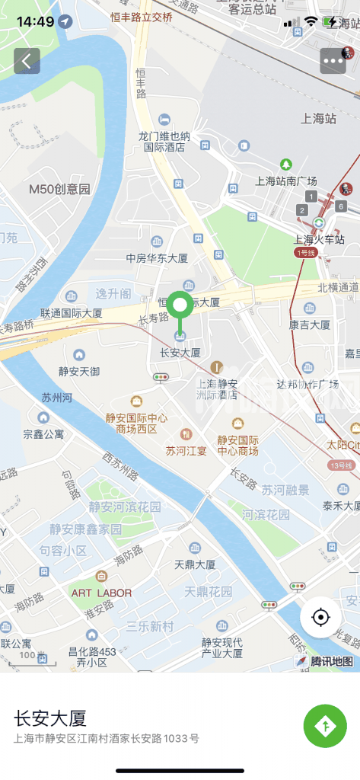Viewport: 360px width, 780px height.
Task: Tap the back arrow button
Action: tap(27, 61)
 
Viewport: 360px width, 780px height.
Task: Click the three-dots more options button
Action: tap(333, 61)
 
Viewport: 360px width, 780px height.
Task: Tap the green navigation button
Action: tap(325, 726)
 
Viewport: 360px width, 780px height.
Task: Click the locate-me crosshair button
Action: tap(320, 617)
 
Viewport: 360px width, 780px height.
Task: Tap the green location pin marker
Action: tap(180, 306)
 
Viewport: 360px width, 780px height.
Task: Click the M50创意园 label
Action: tap(59, 189)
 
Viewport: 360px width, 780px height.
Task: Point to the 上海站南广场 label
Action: tap(285, 181)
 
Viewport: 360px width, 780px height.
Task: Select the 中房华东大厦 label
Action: tap(157, 258)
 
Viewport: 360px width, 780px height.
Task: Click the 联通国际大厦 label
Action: tap(72, 312)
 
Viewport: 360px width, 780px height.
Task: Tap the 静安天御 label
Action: tap(79, 371)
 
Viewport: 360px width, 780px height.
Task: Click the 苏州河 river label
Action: tap(56, 398)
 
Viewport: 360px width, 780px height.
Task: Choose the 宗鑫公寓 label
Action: tap(43, 434)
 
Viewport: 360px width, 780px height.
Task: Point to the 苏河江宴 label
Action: tap(186, 450)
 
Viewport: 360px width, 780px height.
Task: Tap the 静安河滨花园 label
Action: tap(125, 507)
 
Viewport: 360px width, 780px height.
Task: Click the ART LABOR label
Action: tap(101, 593)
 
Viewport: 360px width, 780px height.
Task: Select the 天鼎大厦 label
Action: tap(195, 564)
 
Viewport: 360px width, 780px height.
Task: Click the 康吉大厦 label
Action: tap(309, 324)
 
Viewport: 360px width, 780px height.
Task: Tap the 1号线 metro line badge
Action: tap(305, 252)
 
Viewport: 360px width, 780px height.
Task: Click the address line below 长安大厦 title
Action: tap(107, 738)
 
